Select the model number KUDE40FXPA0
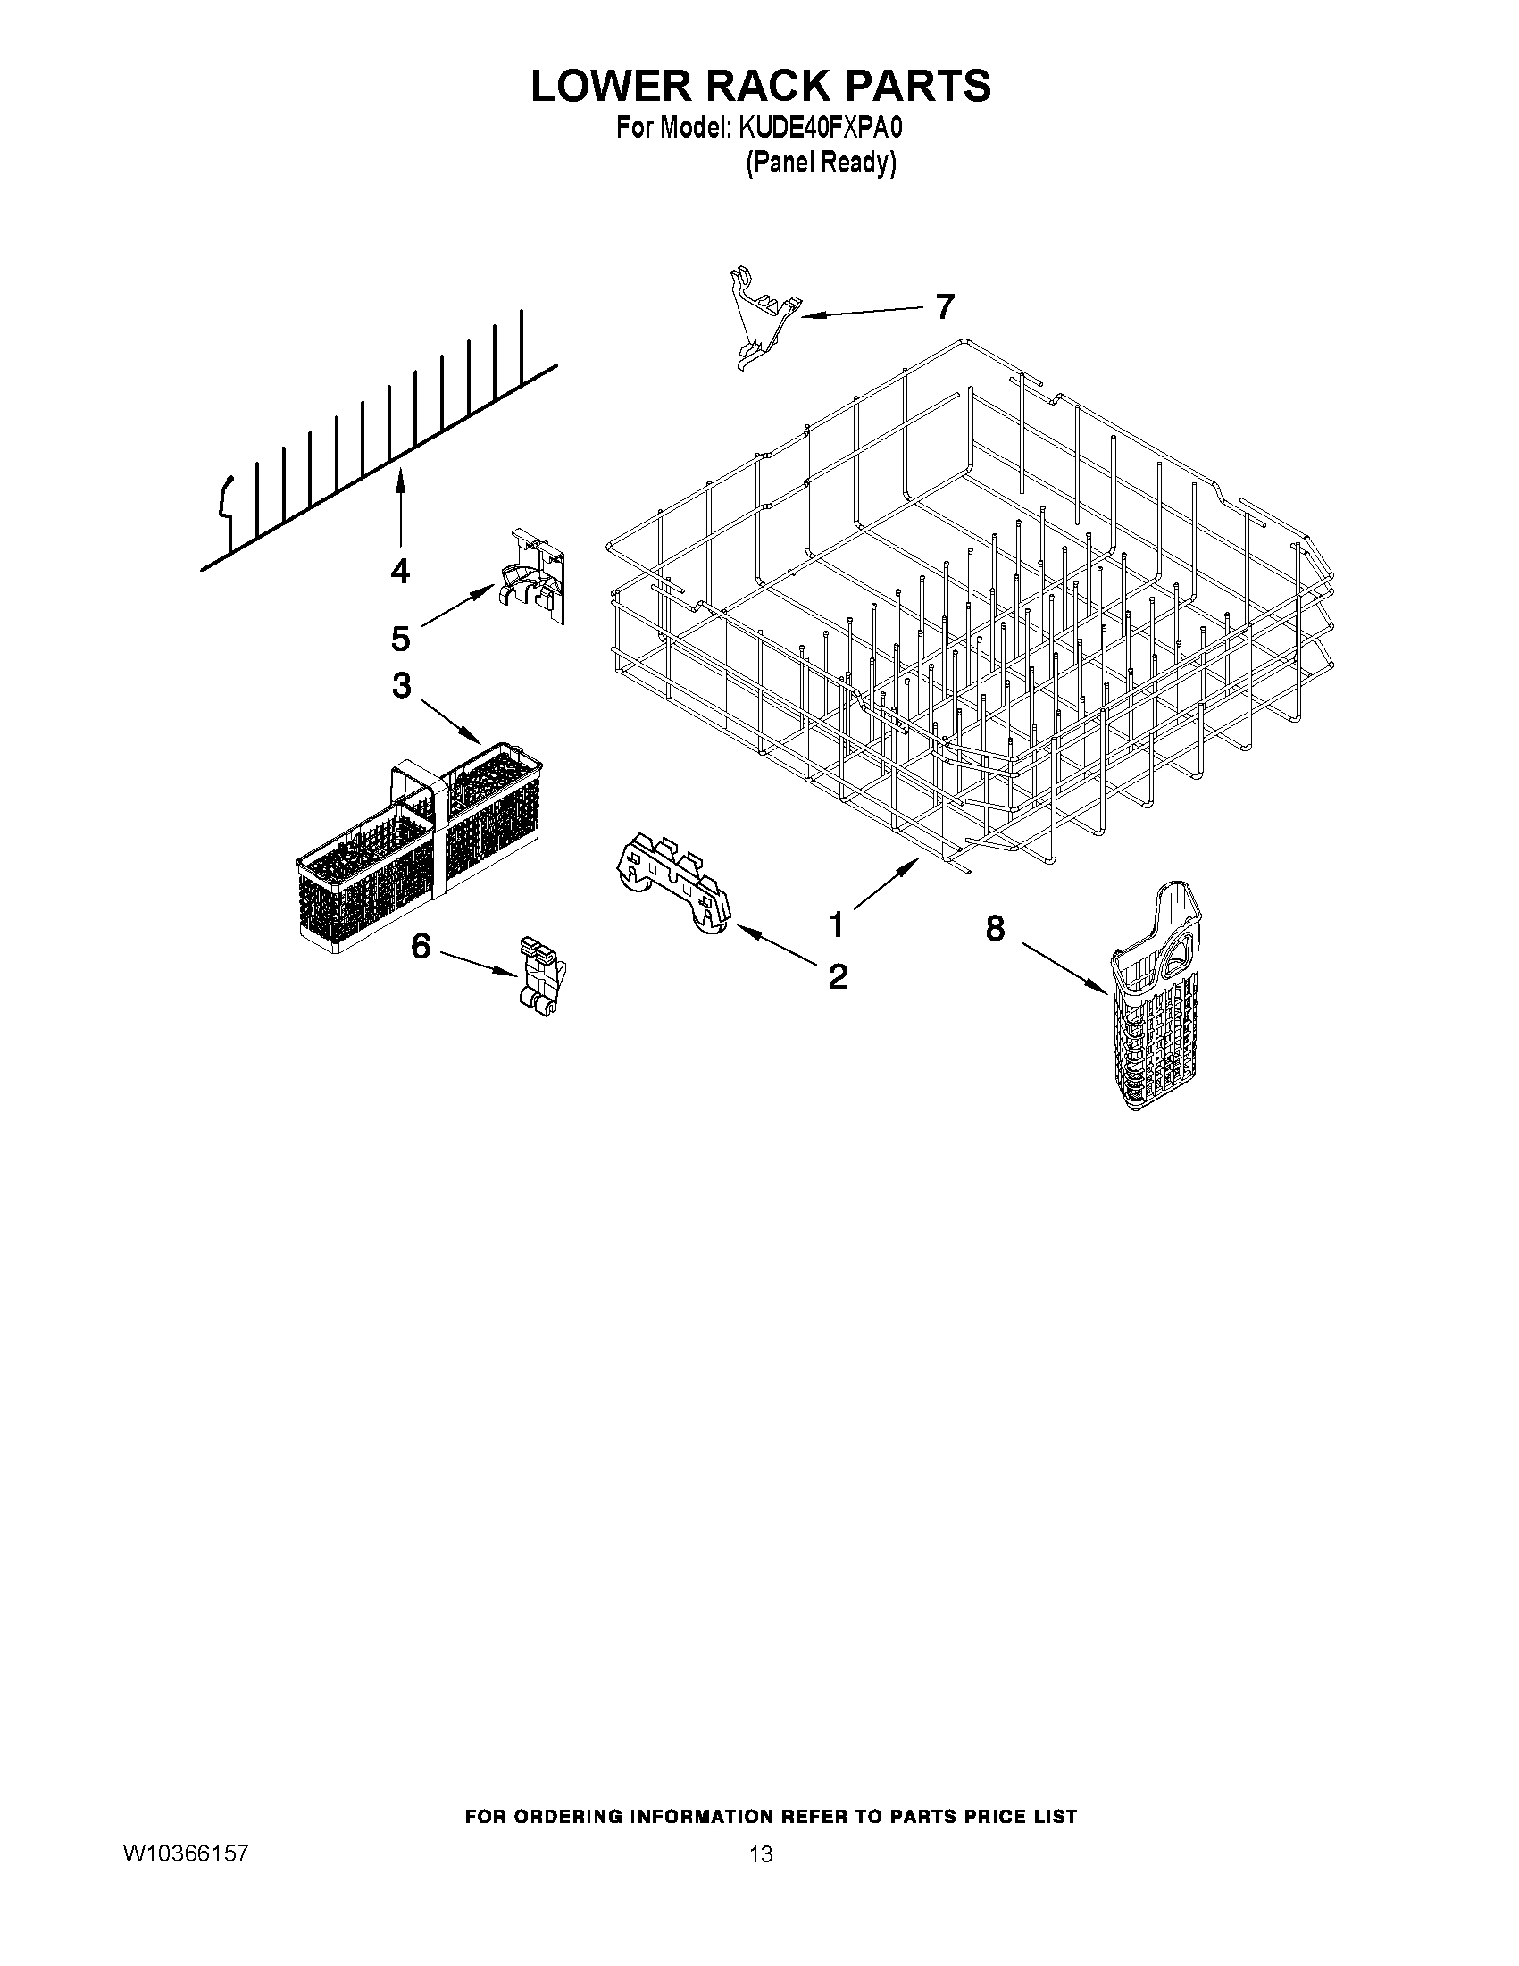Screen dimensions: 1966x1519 820,130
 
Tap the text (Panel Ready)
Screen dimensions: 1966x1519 821,163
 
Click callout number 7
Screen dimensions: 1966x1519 943,307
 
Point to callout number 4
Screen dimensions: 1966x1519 399,571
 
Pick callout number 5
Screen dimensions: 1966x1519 400,639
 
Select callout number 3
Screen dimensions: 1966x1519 401,686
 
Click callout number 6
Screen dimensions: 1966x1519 421,946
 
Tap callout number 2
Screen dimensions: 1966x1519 837,975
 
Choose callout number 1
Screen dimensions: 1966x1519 836,924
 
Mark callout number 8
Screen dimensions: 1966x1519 996,928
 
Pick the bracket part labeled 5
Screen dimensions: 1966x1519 534,576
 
